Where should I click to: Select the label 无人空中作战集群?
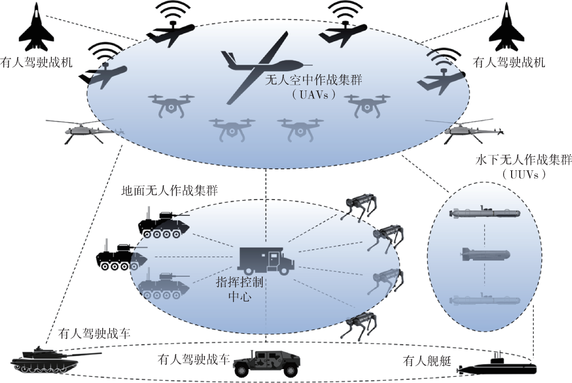pyautogui.click(x=314, y=79)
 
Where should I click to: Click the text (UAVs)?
pyautogui.click(x=314, y=95)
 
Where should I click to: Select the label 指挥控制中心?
pyautogui.click(x=240, y=289)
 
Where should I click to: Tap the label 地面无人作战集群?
pyautogui.click(x=169, y=190)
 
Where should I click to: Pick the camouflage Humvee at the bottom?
pyautogui.click(x=266, y=363)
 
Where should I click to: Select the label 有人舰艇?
pyautogui.click(x=427, y=361)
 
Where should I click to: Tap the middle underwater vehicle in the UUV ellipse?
pyautogui.click(x=485, y=254)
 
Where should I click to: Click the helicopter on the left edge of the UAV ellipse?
pyautogui.click(x=86, y=131)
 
